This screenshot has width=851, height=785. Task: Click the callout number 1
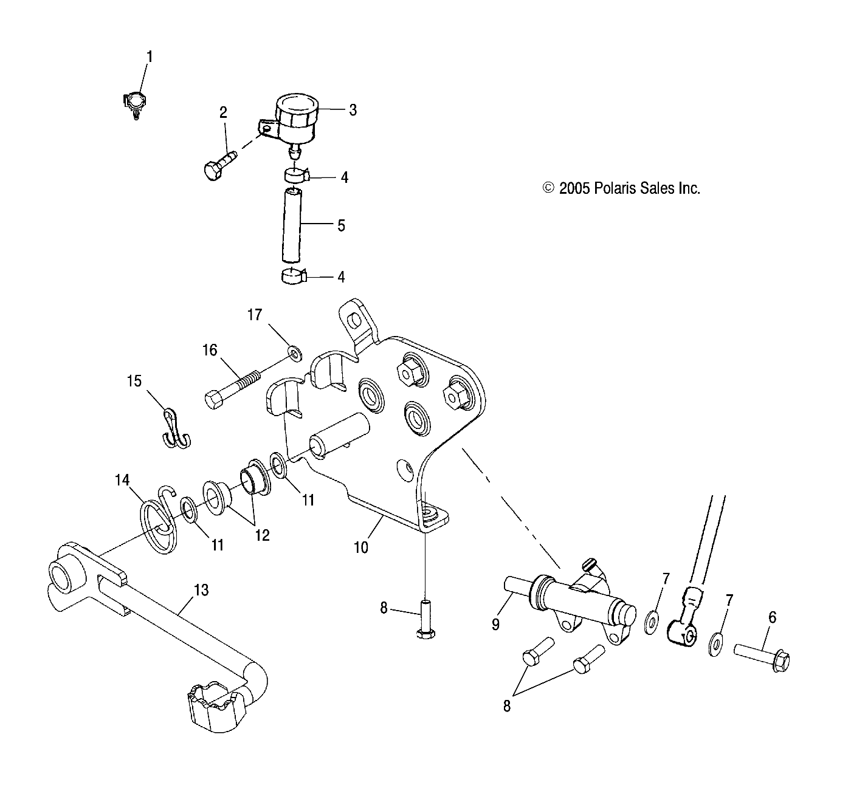(x=149, y=57)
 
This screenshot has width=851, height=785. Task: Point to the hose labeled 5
(x=291, y=225)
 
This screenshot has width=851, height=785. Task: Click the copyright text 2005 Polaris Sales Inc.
(x=621, y=188)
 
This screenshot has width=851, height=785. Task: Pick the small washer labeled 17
(x=295, y=352)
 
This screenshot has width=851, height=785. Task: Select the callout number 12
(x=263, y=535)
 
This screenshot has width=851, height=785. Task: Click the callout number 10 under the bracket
(x=361, y=547)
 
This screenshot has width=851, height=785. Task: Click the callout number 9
(x=495, y=623)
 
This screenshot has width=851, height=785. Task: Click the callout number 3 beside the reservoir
(x=353, y=110)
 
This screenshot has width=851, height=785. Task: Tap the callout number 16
(x=210, y=350)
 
